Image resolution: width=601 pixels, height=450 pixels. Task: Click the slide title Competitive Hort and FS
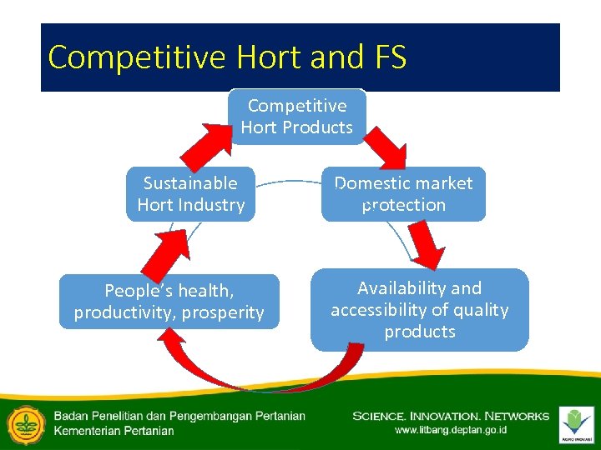tap(227, 57)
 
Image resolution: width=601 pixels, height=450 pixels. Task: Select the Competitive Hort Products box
tap(297, 117)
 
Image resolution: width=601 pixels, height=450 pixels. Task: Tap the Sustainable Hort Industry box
tap(190, 194)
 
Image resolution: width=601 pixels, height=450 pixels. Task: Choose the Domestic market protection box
tap(403, 194)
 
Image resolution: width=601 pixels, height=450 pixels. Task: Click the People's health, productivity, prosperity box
tap(169, 302)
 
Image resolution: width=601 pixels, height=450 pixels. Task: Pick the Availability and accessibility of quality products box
tap(419, 310)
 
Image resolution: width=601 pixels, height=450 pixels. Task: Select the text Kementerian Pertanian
tap(114, 431)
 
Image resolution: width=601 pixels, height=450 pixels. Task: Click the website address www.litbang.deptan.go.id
tap(450, 431)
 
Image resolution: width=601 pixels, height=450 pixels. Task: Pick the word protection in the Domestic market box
tap(404, 205)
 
